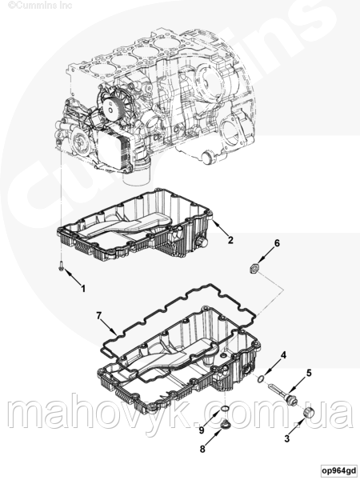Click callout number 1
(83, 288)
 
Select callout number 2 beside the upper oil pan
(230, 240)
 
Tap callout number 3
(287, 438)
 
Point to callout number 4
(284, 355)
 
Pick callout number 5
(309, 373)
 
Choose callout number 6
(277, 243)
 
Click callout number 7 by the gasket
(98, 315)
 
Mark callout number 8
(202, 449)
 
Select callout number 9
(202, 430)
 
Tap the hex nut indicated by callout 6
(254, 269)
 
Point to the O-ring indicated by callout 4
(260, 379)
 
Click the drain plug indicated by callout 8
(225, 425)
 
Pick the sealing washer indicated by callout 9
(225, 408)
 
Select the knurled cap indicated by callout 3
(309, 413)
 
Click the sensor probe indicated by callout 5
(284, 394)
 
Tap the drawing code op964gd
(339, 470)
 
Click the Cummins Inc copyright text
(40, 5)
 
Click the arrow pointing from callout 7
(110, 326)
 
